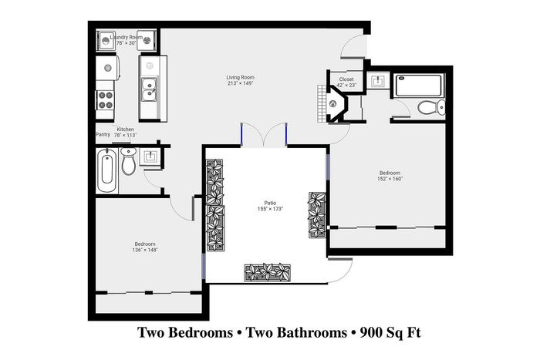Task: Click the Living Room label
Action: point(240,77)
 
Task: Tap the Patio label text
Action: point(270,203)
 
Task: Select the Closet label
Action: point(346,79)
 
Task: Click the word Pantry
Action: point(103,135)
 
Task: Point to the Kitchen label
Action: point(125,130)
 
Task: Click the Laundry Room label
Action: point(126,37)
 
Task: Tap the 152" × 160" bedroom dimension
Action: point(390,179)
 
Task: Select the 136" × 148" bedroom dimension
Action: point(145,250)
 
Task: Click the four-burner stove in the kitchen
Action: point(105,99)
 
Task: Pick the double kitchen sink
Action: point(149,89)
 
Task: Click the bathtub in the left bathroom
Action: point(107,170)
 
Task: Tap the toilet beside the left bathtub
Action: point(129,161)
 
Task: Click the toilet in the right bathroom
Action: point(431,108)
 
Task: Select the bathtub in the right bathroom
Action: point(418,86)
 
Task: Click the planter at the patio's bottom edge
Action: point(267,273)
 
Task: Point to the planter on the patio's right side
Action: point(317,215)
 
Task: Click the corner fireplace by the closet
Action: point(334,103)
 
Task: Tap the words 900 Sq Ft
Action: point(390,333)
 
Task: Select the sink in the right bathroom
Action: point(378,81)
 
